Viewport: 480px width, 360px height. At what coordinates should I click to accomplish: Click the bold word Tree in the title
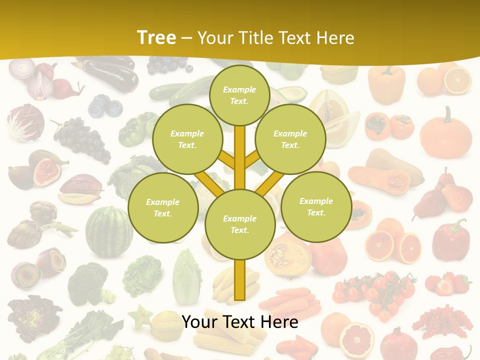point(156,37)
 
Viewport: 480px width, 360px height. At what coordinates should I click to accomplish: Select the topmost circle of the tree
point(239,95)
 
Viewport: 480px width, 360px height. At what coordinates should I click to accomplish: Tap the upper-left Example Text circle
point(187,139)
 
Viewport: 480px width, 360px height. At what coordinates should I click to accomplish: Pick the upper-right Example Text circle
point(290,139)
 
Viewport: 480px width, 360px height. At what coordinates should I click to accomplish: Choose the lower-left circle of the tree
point(162,207)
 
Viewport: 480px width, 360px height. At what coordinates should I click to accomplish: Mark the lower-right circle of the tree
point(316,206)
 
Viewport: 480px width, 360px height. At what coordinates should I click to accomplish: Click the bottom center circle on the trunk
point(240,224)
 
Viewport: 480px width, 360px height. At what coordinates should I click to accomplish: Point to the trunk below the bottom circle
point(240,280)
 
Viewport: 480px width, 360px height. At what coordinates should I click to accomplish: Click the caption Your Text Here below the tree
point(240,321)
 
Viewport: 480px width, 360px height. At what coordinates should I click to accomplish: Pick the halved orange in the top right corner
point(457,80)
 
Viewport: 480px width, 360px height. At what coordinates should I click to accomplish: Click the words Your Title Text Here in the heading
point(275,37)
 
